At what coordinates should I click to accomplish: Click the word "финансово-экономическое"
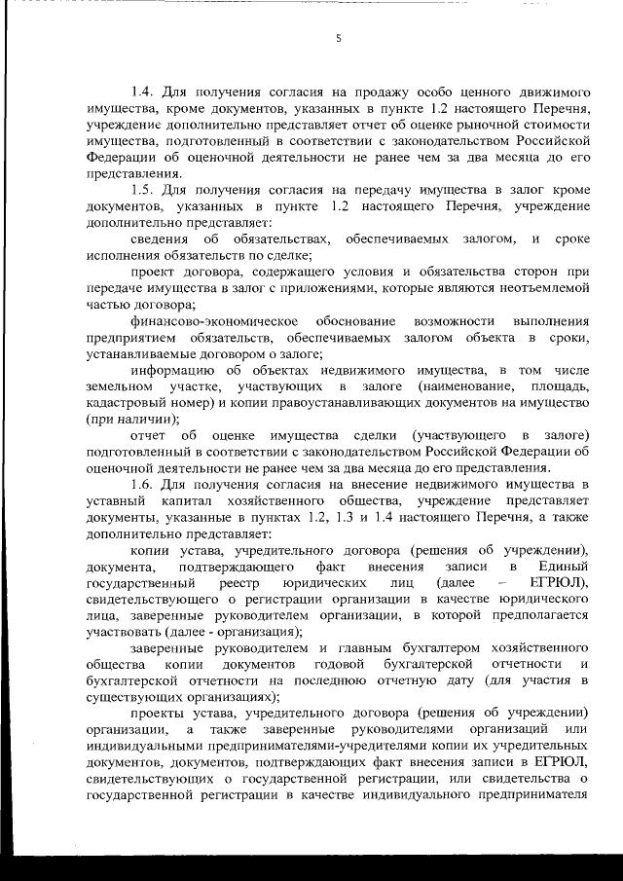pos(213,321)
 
